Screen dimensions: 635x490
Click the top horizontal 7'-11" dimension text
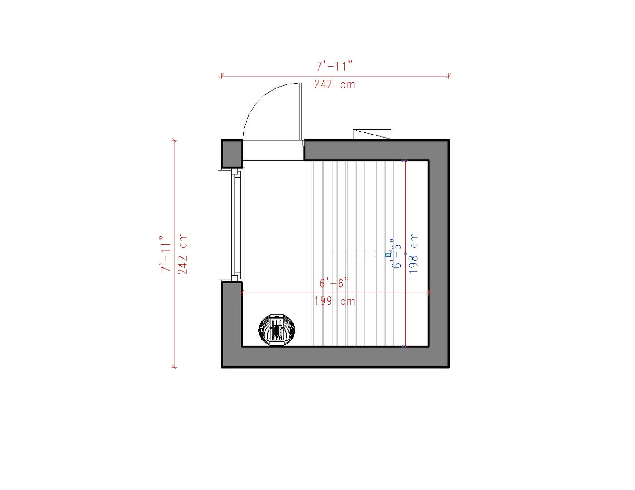(334, 66)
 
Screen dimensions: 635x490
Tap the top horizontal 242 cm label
(334, 84)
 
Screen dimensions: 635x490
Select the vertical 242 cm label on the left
(182, 253)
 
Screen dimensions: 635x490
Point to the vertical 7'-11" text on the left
(165, 253)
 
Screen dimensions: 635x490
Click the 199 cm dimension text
(334, 301)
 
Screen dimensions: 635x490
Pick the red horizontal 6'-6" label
(334, 283)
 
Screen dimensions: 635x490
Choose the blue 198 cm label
(414, 253)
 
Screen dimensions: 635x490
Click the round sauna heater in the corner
(277, 330)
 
